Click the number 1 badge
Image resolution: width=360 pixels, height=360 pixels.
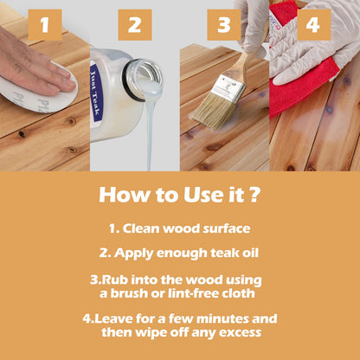(x=44, y=23)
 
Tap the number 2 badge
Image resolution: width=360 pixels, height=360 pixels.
(x=133, y=23)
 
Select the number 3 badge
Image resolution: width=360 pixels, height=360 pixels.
(x=223, y=23)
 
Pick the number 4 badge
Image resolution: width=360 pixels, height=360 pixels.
(x=312, y=23)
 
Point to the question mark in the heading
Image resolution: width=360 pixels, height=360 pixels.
(x=254, y=194)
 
